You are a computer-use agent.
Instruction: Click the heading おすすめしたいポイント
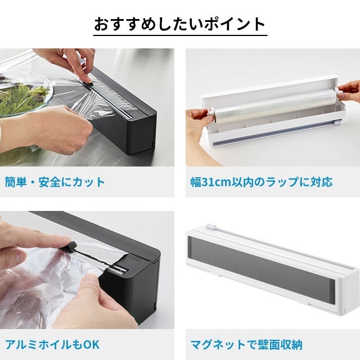pyautogui.click(x=180, y=24)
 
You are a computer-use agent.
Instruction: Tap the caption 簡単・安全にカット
pyautogui.click(x=55, y=182)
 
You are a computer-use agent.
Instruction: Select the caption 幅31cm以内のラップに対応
pyautogui.click(x=262, y=182)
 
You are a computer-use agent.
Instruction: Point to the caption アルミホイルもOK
pyautogui.click(x=52, y=345)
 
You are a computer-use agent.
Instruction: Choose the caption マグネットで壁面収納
pyautogui.click(x=246, y=345)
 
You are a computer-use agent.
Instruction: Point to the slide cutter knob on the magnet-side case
pyautogui.click(x=211, y=227)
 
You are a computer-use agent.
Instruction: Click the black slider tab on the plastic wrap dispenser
pyautogui.click(x=89, y=84)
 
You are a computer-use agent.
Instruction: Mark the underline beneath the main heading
pyautogui.click(x=180, y=35)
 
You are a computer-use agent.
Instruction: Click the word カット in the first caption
pyautogui.click(x=89, y=182)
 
